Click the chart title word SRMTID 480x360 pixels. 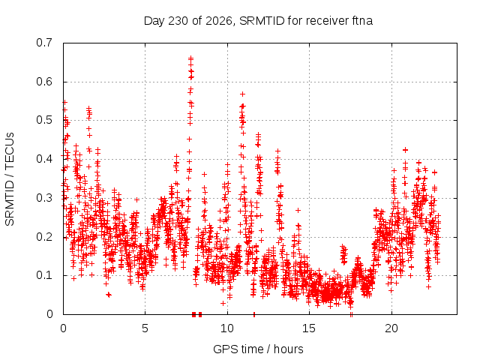[262, 21]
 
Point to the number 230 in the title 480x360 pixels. [178, 21]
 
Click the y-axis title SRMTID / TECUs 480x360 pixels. [10, 179]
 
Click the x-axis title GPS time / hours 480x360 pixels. [258, 349]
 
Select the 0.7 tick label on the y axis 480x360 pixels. [44, 43]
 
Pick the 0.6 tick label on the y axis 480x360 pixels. [44, 82]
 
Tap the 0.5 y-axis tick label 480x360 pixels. [44, 120]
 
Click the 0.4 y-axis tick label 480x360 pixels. [44, 159]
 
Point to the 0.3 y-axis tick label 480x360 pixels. [44, 198]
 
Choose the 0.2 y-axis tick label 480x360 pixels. [44, 237]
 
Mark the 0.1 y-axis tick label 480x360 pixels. [44, 275]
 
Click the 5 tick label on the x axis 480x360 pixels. [145, 328]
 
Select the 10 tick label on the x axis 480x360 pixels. [227, 328]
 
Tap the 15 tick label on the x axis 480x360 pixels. [309, 328]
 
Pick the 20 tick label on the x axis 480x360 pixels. [391, 328]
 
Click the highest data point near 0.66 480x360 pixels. [190, 57]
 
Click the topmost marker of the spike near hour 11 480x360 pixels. [242, 94]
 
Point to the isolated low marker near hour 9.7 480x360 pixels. [223, 303]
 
